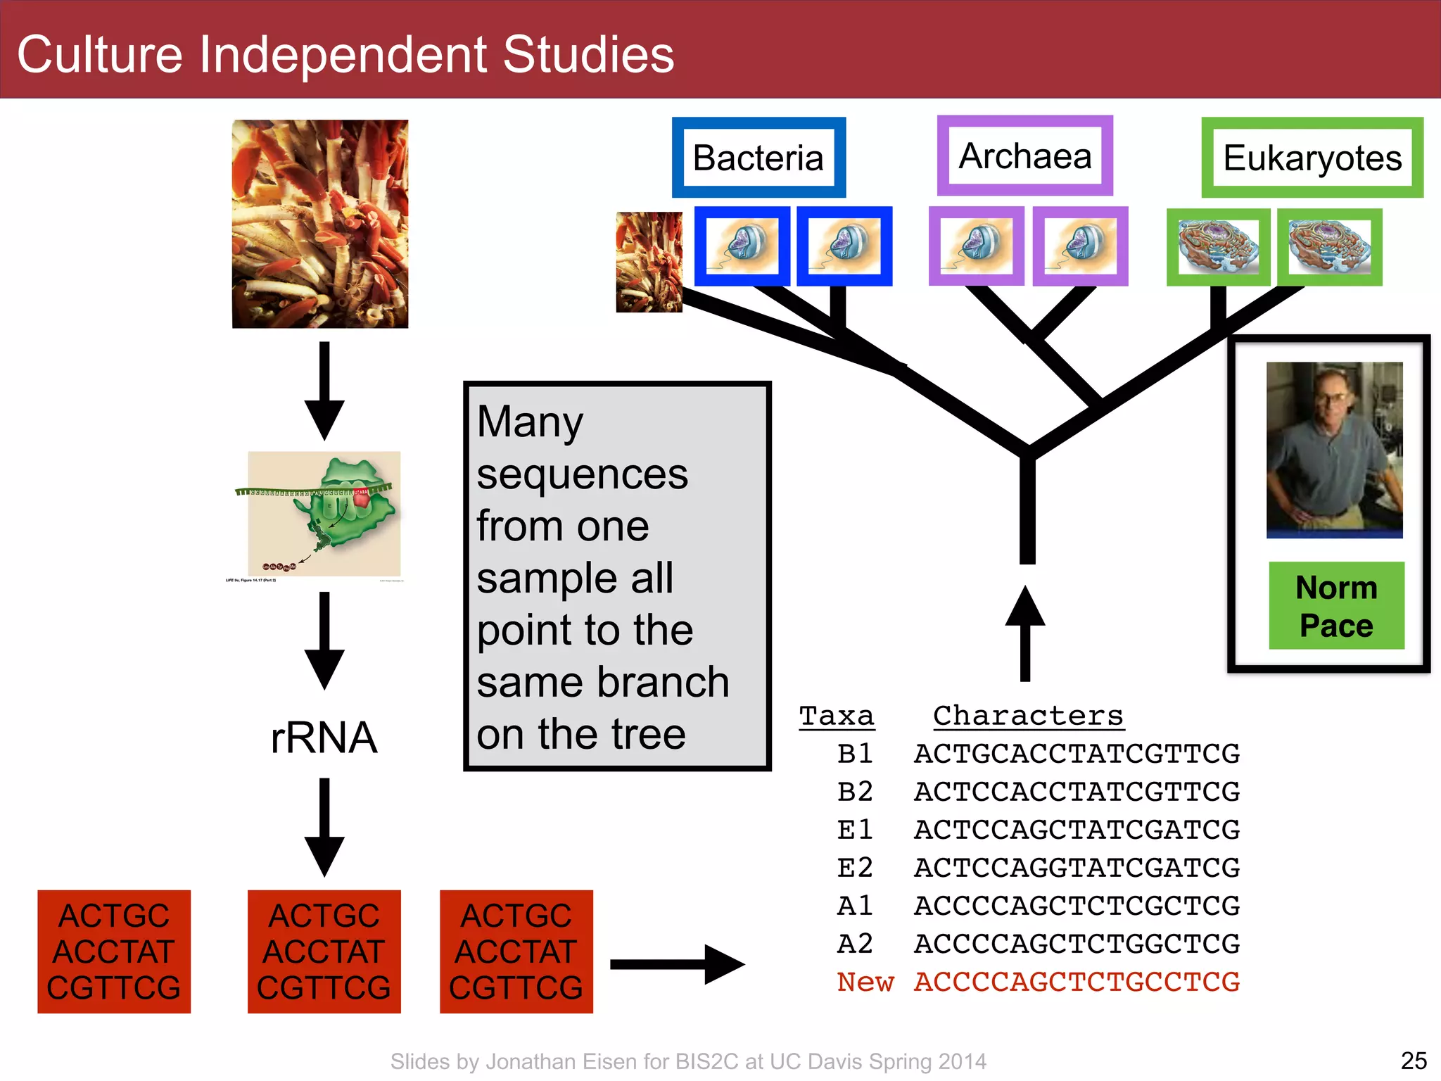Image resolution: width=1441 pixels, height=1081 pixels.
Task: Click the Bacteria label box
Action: [x=758, y=158]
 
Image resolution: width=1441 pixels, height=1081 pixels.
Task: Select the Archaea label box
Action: [x=1024, y=156]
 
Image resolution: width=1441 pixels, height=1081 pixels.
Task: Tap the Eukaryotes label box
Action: [x=1312, y=158]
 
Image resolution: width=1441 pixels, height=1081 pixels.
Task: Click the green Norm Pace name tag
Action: [x=1336, y=606]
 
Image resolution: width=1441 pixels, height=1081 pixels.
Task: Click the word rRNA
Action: [x=324, y=738]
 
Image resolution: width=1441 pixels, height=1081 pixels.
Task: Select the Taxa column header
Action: [x=837, y=716]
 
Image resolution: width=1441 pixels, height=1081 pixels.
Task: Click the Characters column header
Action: [x=1028, y=716]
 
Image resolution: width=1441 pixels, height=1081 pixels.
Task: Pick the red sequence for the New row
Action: [x=1077, y=982]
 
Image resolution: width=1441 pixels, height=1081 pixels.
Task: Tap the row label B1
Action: [x=855, y=754]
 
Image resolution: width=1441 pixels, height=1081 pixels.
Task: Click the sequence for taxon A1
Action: [x=1077, y=906]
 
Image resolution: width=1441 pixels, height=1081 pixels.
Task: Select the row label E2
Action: [x=855, y=868]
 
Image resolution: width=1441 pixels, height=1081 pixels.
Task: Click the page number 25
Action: [x=1413, y=1061]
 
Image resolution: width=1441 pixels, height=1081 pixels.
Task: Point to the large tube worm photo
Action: [x=320, y=224]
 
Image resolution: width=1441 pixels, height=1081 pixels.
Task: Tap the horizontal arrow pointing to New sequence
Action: [x=675, y=964]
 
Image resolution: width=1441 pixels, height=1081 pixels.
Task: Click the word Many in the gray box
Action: [x=530, y=422]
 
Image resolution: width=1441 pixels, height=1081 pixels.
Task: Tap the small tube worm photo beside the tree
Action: [x=649, y=262]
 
